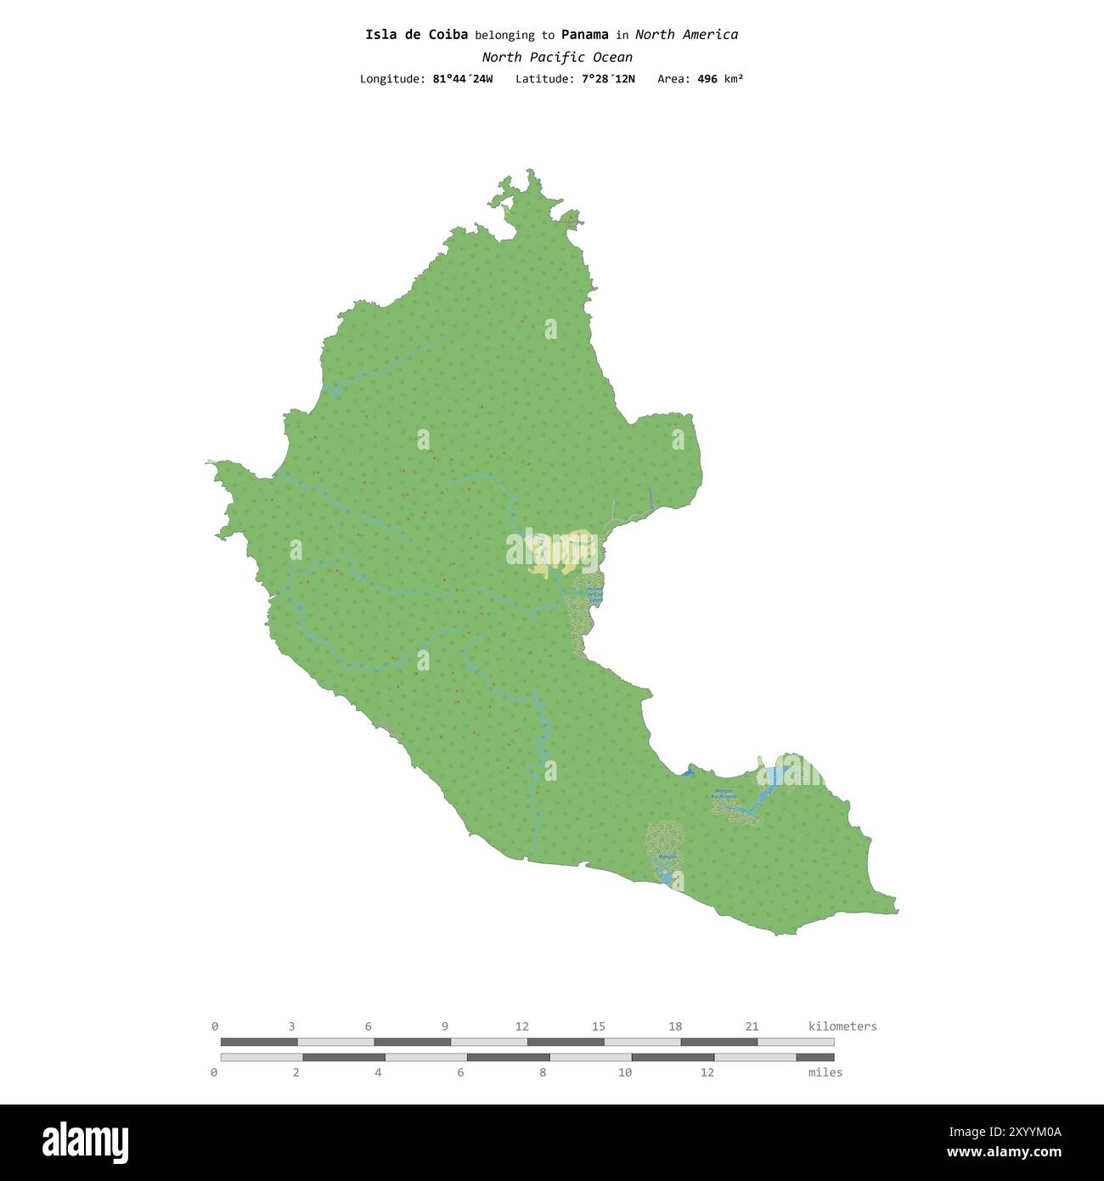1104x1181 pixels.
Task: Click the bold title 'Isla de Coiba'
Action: pos(416,35)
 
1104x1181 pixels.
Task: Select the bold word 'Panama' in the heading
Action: pos(584,35)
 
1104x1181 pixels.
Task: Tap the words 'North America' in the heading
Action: pos(686,35)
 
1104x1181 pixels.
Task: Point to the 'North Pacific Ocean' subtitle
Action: pos(557,58)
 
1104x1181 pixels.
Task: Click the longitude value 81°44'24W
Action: pos(462,79)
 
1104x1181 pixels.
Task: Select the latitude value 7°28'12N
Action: pos(608,79)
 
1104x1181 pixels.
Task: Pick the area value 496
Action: pos(707,79)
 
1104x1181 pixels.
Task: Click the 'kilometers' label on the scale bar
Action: pos(842,1026)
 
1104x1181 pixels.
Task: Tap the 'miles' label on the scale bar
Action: pos(825,1072)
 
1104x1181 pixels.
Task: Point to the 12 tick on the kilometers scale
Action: pos(521,1026)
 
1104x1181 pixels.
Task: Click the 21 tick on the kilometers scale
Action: pos(752,1026)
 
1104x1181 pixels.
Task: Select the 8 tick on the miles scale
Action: pos(543,1072)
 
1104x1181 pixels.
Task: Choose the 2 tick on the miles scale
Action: pos(296,1072)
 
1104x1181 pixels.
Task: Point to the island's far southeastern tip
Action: pos(896,912)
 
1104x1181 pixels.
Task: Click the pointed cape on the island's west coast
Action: pos(211,463)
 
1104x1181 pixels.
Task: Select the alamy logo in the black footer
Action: pos(86,1142)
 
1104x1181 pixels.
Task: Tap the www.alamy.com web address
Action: pos(1004,1153)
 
